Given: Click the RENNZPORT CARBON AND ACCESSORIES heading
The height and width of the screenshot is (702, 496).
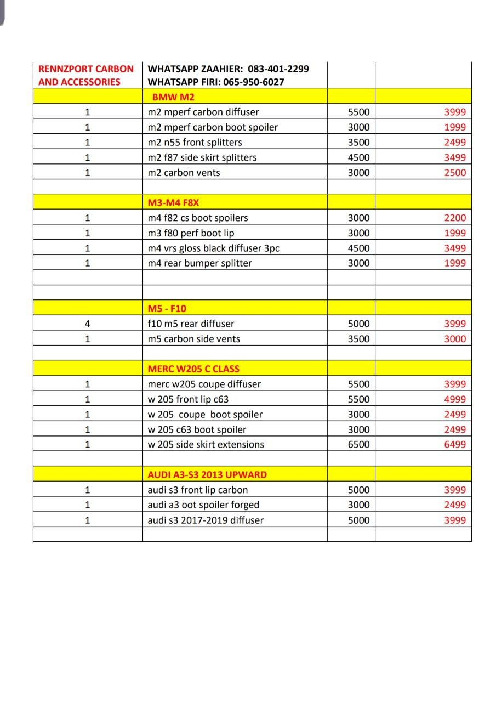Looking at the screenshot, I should pyautogui.click(x=85, y=75).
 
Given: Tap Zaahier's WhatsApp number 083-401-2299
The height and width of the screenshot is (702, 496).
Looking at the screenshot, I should pyautogui.click(x=278, y=69).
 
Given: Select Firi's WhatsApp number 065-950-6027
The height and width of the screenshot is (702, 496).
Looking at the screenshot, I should pyautogui.click(x=254, y=82).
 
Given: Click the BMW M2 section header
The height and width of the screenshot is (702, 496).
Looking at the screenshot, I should pyautogui.click(x=173, y=97).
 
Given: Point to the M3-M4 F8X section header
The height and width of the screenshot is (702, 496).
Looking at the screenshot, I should pyautogui.click(x=173, y=203).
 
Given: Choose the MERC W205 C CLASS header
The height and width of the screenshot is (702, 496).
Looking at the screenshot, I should pyautogui.click(x=193, y=369).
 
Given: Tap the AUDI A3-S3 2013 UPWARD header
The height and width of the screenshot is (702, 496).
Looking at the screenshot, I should pyautogui.click(x=207, y=475).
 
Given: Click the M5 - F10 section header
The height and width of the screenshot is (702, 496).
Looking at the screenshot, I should pyautogui.click(x=170, y=309).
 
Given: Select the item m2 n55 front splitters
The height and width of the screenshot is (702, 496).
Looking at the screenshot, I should pyautogui.click(x=195, y=143).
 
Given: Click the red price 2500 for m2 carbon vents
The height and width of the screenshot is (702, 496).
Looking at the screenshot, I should pyautogui.click(x=455, y=173).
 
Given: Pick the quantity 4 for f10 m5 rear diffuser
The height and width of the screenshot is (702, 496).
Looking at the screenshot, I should pyautogui.click(x=87, y=324).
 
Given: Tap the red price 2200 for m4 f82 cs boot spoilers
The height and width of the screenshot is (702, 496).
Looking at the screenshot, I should pyautogui.click(x=455, y=218).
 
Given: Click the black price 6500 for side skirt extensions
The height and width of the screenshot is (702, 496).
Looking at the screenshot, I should pyautogui.click(x=358, y=445).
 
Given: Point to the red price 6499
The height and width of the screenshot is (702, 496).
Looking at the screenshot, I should pyautogui.click(x=455, y=445).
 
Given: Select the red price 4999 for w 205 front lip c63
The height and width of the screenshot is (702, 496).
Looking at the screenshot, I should pyautogui.click(x=455, y=399).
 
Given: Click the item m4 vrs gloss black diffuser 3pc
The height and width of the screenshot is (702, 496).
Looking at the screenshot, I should pyautogui.click(x=213, y=248).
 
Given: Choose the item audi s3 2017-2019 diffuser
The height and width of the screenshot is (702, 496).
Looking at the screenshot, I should pyautogui.click(x=206, y=520).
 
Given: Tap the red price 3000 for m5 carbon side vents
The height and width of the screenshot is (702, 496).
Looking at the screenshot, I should pyautogui.click(x=455, y=339).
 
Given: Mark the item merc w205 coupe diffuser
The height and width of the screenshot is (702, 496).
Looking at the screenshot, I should pyautogui.click(x=204, y=384).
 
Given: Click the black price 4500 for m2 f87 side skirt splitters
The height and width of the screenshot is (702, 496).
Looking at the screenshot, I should pyautogui.click(x=358, y=157).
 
